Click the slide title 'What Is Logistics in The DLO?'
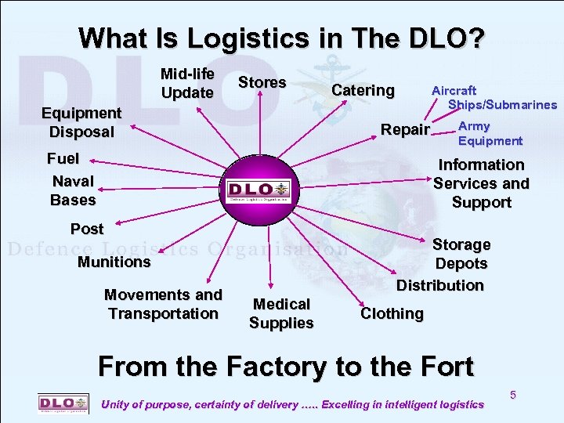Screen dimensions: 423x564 (x=282, y=38)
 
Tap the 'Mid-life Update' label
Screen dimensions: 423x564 (x=187, y=83)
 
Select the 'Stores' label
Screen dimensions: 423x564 (x=262, y=82)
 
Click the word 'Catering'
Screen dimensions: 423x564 (x=363, y=90)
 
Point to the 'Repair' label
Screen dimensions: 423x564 (x=405, y=129)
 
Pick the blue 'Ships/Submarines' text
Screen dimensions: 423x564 (x=502, y=104)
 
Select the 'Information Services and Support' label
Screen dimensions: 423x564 (x=481, y=183)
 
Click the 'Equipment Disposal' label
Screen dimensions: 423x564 (x=81, y=122)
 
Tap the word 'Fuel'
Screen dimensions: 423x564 (x=63, y=158)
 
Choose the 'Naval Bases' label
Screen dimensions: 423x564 (x=73, y=190)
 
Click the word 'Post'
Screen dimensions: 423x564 (x=87, y=229)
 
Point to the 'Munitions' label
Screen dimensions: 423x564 (x=114, y=262)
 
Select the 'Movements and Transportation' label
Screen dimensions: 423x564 (x=163, y=304)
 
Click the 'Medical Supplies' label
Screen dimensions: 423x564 (x=281, y=313)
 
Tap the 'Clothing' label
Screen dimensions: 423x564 (x=392, y=313)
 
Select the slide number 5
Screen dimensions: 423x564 (x=513, y=395)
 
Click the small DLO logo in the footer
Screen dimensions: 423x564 (x=63, y=403)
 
